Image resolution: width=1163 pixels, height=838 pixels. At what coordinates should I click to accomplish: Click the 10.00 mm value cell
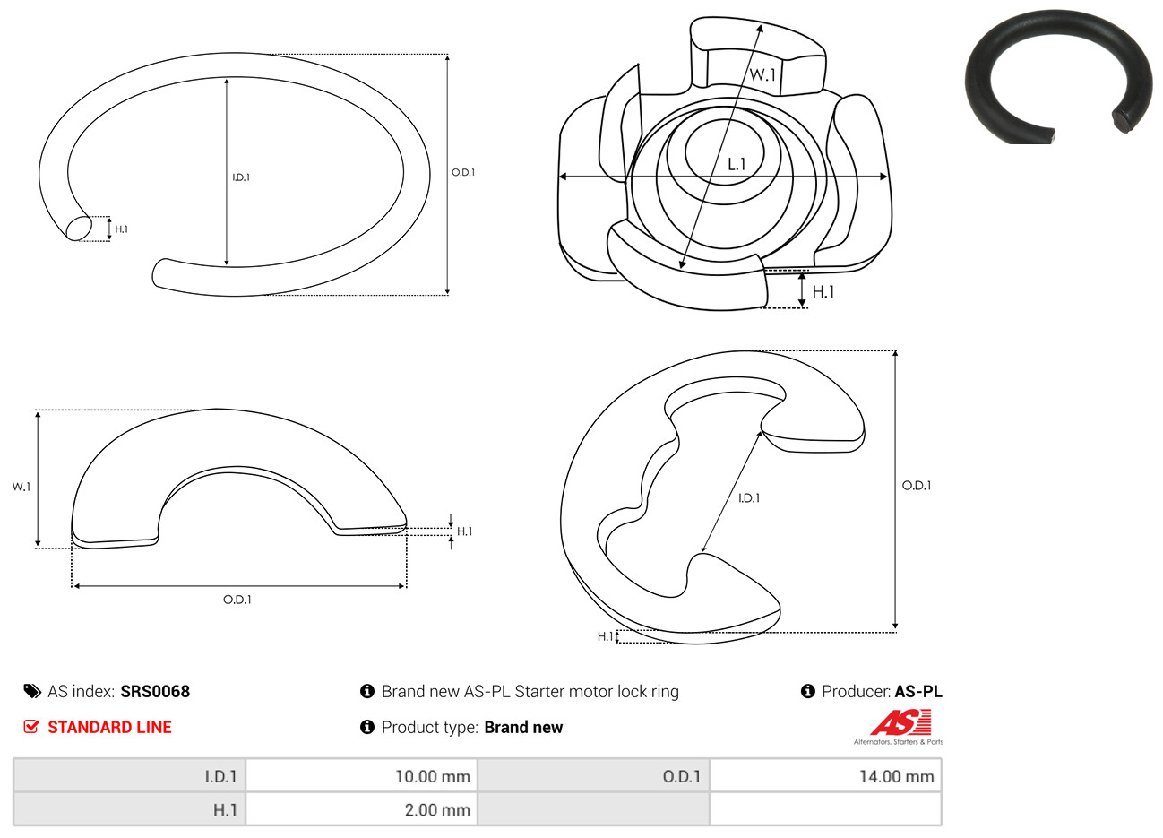(361, 775)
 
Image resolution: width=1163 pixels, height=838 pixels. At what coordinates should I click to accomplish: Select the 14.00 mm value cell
(825, 775)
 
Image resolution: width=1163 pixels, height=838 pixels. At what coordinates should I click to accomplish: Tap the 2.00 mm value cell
(361, 809)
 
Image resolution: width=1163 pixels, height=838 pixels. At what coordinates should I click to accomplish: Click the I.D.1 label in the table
(220, 776)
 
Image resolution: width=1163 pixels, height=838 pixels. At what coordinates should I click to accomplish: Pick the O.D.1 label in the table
(682, 776)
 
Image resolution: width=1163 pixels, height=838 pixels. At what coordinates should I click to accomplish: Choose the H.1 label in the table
(225, 809)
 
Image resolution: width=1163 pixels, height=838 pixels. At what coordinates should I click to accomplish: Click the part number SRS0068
(155, 692)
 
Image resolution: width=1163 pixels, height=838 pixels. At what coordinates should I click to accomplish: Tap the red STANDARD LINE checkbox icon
(31, 726)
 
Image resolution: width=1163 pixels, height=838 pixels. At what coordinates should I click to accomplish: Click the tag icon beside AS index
(32, 692)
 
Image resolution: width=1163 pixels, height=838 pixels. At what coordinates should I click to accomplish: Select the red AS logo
(900, 722)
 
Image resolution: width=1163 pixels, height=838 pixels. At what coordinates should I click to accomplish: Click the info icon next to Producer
(807, 691)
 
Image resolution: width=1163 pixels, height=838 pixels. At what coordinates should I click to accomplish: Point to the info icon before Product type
(367, 727)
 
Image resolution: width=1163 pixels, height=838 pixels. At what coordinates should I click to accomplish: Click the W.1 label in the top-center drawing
(762, 74)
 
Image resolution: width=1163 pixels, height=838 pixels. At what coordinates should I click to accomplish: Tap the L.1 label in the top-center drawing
(737, 165)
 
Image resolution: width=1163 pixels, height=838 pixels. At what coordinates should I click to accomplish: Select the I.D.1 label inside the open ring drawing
(241, 177)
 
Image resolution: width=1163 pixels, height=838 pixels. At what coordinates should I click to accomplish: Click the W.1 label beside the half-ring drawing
(22, 487)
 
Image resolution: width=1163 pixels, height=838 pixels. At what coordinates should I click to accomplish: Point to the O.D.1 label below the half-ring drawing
(237, 600)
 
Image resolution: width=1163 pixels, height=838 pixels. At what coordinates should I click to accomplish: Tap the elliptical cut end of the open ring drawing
(79, 229)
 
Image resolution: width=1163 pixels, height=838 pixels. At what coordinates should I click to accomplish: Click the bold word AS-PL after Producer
(918, 692)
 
